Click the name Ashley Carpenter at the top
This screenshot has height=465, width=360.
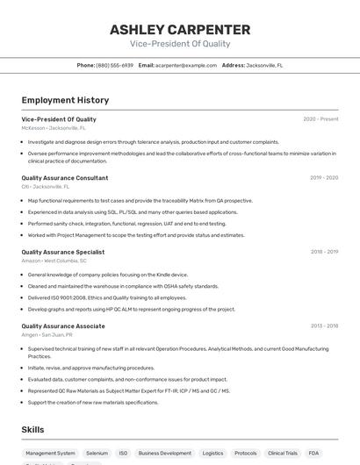pyautogui.click(x=179, y=29)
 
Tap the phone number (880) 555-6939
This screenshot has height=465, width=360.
pyautogui.click(x=115, y=65)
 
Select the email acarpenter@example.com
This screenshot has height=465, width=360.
pyautogui.click(x=185, y=65)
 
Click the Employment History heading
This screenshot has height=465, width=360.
pyautogui.click(x=65, y=100)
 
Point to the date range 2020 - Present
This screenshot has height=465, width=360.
pyautogui.click(x=320, y=119)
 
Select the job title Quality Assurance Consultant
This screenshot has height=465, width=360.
pyautogui.click(x=65, y=178)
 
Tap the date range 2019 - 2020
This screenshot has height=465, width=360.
pyautogui.click(x=324, y=178)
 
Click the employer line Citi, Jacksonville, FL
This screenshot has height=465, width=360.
pyautogui.click(x=46, y=187)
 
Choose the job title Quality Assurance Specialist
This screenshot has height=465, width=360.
pyautogui.click(x=62, y=252)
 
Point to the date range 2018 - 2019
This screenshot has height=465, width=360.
pyautogui.click(x=324, y=252)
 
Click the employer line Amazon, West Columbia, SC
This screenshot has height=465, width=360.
pyautogui.click(x=54, y=261)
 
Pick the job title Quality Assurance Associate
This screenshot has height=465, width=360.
pyautogui.click(x=63, y=325)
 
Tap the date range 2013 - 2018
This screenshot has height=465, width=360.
pyautogui.click(x=324, y=325)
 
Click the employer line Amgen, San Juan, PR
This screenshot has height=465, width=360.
pyautogui.click(x=47, y=334)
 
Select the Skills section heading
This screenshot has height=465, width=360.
pyautogui.click(x=33, y=429)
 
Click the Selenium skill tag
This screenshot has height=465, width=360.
pyautogui.click(x=97, y=454)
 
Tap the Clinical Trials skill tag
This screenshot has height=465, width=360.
pyautogui.click(x=283, y=454)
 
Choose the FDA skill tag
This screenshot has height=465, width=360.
pyautogui.click(x=313, y=454)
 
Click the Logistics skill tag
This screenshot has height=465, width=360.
pyautogui.click(x=212, y=454)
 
